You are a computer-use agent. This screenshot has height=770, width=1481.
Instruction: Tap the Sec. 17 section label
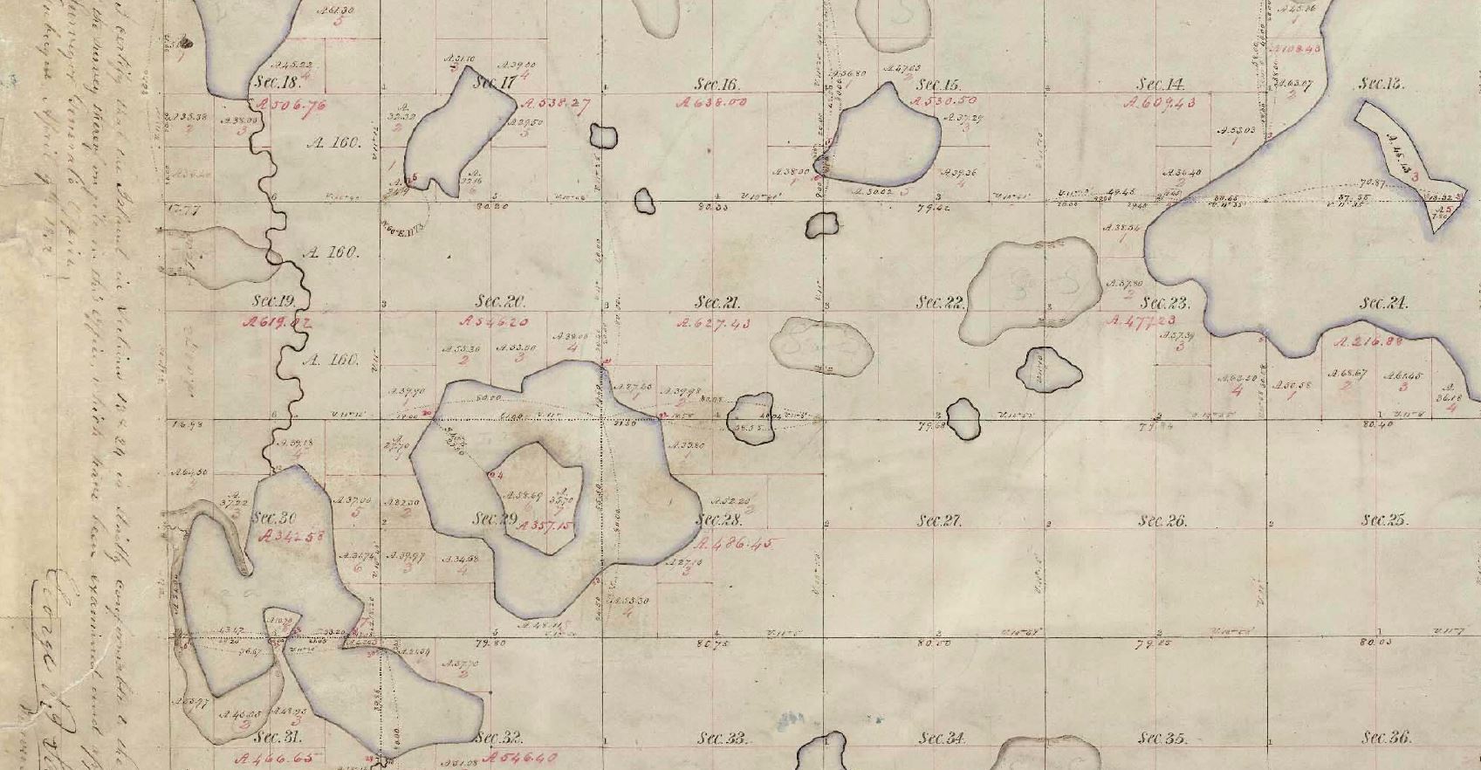pyautogui.click(x=495, y=84)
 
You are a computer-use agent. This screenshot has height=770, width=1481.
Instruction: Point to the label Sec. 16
pyautogui.click(x=717, y=85)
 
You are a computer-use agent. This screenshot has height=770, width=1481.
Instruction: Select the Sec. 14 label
pyautogui.click(x=1160, y=85)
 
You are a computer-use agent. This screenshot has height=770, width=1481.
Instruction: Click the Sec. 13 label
pyautogui.click(x=1381, y=85)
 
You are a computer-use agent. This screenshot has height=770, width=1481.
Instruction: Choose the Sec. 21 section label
pyautogui.click(x=717, y=303)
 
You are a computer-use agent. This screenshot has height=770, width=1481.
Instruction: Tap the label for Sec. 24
pyautogui.click(x=1383, y=303)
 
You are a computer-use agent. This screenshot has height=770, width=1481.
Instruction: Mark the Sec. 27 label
pyautogui.click(x=939, y=521)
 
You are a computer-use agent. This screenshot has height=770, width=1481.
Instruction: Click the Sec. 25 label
pyautogui.click(x=1384, y=520)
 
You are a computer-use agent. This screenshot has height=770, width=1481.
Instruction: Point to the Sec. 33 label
pyautogui.click(x=723, y=739)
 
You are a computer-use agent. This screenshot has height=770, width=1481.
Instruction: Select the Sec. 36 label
pyautogui.click(x=1386, y=739)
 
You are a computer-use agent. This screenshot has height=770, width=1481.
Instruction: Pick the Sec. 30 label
pyautogui.click(x=275, y=518)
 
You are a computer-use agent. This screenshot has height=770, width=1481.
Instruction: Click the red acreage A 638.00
pyautogui.click(x=712, y=102)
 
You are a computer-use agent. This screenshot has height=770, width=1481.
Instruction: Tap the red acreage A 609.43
pyautogui.click(x=1160, y=103)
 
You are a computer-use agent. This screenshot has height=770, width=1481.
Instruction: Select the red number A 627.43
pyautogui.click(x=714, y=323)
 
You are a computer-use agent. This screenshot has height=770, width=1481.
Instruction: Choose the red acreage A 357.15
pyautogui.click(x=545, y=526)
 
